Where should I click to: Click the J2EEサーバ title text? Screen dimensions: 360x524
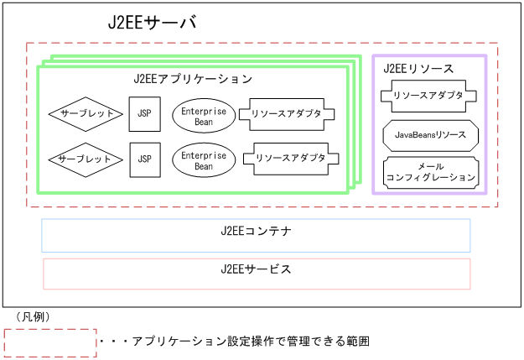click(152, 23)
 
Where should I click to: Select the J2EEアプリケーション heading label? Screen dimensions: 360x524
click(193, 79)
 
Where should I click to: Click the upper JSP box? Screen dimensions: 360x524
click(144, 113)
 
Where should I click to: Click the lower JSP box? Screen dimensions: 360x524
click(144, 159)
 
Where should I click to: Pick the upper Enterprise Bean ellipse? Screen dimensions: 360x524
click(204, 115)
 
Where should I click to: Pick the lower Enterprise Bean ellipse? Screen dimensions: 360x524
click(204, 160)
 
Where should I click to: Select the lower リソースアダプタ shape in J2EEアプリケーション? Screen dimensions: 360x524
click(291, 157)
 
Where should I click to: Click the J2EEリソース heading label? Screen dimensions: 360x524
click(418, 68)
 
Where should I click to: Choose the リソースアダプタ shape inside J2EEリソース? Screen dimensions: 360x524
click(428, 96)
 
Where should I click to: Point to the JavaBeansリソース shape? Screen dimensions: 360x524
click(430, 134)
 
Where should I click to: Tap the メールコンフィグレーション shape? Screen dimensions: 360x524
click(431, 172)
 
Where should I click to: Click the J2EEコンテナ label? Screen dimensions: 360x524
click(256, 231)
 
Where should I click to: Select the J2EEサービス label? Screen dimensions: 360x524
click(256, 269)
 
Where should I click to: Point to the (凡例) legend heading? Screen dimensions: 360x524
click(32, 317)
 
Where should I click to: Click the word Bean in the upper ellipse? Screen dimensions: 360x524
click(204, 122)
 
